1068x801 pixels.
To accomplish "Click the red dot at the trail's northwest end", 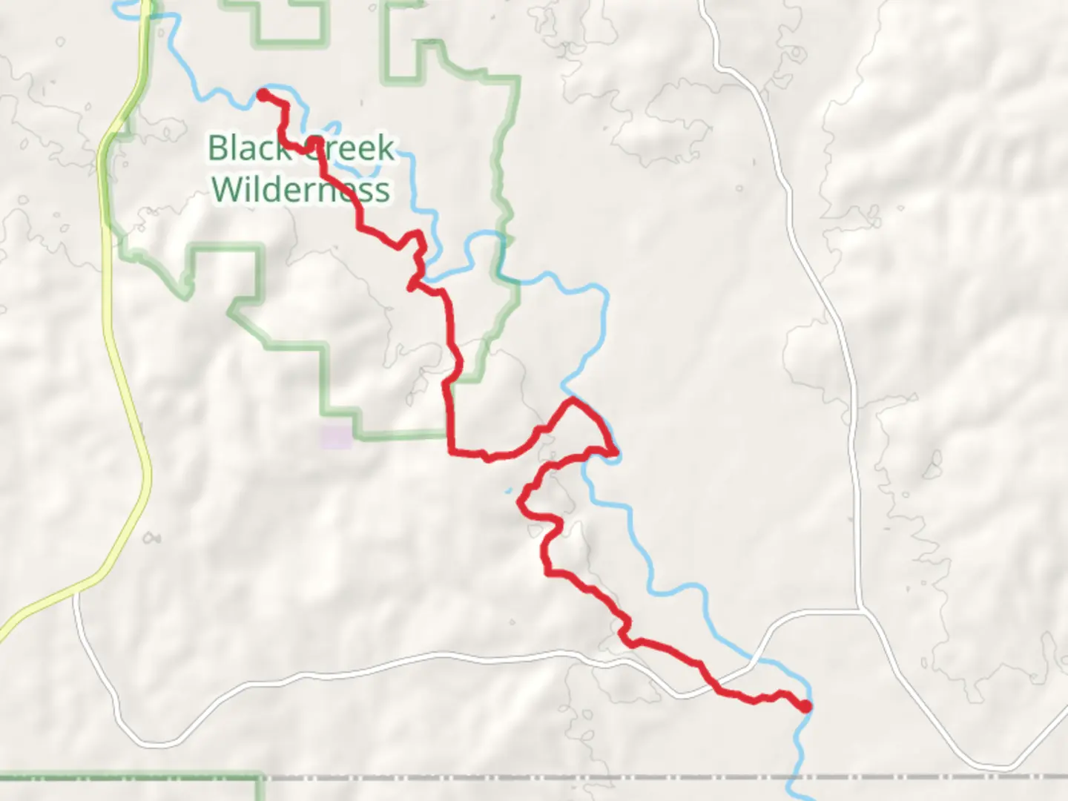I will (x=263, y=94).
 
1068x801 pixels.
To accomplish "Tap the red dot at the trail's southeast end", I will (x=806, y=706).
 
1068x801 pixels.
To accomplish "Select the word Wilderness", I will (x=300, y=189).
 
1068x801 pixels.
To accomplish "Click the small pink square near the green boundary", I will (x=336, y=438).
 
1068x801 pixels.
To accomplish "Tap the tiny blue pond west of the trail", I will (x=509, y=490).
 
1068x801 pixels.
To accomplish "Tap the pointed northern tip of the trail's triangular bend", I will (x=573, y=400).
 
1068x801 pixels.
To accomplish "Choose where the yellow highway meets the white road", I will (x=76, y=591).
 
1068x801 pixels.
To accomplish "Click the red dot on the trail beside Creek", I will (x=314, y=141).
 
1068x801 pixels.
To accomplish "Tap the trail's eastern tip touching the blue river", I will (x=616, y=451).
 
